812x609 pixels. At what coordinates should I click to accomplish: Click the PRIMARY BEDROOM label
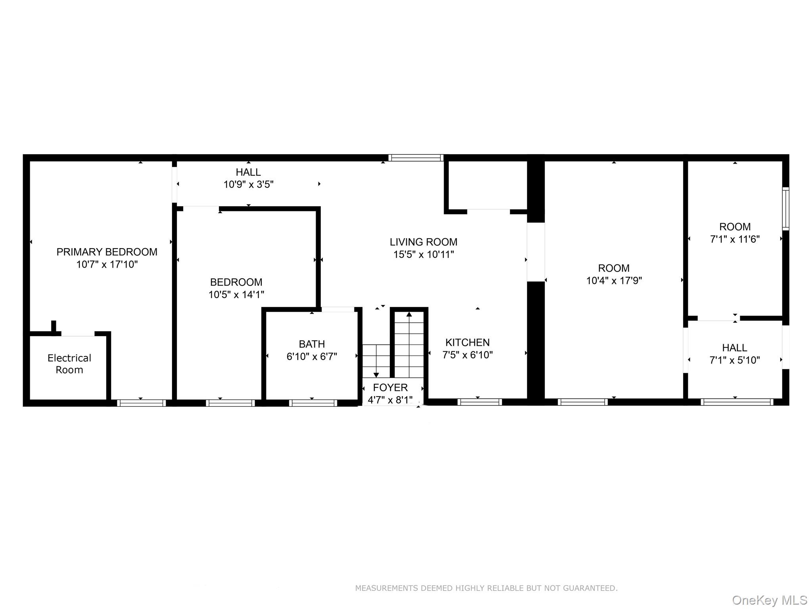[107, 252]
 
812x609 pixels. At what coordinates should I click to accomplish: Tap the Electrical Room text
[69, 364]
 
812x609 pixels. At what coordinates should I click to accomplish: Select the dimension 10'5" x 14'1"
[236, 295]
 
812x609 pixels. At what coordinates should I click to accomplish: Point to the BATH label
[312, 344]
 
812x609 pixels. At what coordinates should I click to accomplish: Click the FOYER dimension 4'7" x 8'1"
[390, 400]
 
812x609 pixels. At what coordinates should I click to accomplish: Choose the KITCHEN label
[467, 342]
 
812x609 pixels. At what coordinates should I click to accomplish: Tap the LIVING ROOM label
[423, 242]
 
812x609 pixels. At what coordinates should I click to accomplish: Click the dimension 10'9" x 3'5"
[248, 184]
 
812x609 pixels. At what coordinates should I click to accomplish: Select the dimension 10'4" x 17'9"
[614, 281]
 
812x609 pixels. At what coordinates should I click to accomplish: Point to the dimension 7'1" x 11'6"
[734, 239]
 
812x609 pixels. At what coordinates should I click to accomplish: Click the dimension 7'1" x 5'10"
[734, 360]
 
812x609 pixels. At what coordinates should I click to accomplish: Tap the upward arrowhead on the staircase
[409, 314]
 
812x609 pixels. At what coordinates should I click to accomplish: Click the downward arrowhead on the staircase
[376, 375]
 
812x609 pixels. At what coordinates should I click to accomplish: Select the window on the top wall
[416, 158]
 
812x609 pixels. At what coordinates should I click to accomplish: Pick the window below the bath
[313, 403]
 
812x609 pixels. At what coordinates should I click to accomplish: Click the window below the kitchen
[479, 402]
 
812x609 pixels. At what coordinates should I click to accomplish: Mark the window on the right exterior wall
[785, 209]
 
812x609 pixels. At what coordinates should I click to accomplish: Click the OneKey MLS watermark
[769, 600]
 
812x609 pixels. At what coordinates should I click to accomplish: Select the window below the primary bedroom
[141, 403]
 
